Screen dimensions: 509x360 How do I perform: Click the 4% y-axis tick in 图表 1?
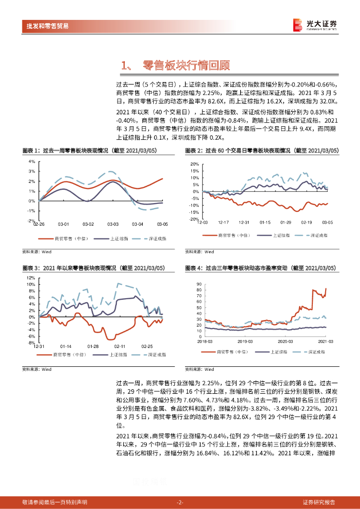[x=31, y=162]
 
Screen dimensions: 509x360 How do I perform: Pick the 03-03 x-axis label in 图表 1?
[x=113, y=225]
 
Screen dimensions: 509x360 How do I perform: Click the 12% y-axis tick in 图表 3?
[x=30, y=277]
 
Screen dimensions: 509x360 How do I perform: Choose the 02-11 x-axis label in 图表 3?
[x=119, y=345]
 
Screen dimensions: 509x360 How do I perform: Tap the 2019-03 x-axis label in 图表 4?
[x=245, y=341]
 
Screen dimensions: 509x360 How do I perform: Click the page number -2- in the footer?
[x=180, y=502]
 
